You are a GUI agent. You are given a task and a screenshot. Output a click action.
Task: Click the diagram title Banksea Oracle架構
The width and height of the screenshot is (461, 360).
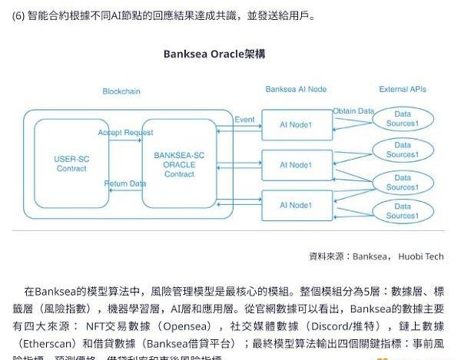tap(214, 54)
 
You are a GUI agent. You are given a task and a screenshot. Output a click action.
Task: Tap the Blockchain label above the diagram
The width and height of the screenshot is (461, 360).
tap(121, 91)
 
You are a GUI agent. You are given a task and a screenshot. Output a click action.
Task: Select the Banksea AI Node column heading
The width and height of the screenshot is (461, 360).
tap(295, 90)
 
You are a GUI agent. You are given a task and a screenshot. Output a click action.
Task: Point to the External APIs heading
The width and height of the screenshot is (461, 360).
tap(404, 90)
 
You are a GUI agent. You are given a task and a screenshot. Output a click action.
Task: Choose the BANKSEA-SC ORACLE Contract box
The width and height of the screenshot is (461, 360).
tap(179, 164)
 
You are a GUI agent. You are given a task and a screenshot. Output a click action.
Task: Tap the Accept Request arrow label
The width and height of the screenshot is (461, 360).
tap(125, 133)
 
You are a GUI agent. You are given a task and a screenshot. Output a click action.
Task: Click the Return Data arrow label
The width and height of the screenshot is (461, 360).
tap(125, 183)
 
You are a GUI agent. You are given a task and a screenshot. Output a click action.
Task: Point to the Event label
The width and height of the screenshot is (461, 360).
tap(244, 120)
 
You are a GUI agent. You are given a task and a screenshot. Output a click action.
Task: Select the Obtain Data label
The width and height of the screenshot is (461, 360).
tap(354, 111)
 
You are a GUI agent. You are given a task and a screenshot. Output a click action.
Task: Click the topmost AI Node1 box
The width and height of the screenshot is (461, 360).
tap(295, 124)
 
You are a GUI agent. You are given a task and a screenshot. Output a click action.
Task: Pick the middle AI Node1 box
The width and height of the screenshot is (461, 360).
tap(295, 164)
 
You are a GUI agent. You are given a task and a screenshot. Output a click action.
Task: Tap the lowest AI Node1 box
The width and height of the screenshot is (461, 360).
tap(295, 205)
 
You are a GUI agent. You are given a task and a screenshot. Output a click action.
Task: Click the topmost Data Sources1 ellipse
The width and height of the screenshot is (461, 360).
tap(402, 119)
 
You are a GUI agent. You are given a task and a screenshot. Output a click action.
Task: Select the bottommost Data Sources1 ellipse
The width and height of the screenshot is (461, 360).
tap(402, 211)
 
